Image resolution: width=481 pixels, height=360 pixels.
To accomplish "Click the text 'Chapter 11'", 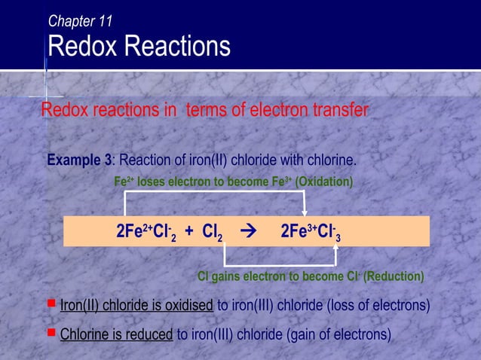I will pyautogui.click(x=80, y=22).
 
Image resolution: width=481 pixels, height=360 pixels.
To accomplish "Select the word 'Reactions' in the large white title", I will pyautogui.click(x=177, y=47).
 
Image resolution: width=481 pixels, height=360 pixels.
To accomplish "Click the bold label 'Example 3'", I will pyautogui.click(x=79, y=160).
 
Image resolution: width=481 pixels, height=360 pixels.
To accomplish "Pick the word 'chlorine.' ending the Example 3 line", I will pyautogui.click(x=329, y=160).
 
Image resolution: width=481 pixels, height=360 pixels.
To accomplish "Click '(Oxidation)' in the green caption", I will pyautogui.click(x=323, y=182).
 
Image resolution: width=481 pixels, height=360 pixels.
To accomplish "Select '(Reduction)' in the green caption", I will pyautogui.click(x=394, y=276).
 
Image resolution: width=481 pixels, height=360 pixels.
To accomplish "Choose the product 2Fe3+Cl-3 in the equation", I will pyautogui.click(x=310, y=231).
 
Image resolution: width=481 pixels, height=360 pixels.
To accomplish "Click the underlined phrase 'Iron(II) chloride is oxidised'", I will pyautogui.click(x=136, y=306).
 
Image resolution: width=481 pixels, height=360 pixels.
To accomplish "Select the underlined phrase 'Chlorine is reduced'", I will pyautogui.click(x=116, y=334).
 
